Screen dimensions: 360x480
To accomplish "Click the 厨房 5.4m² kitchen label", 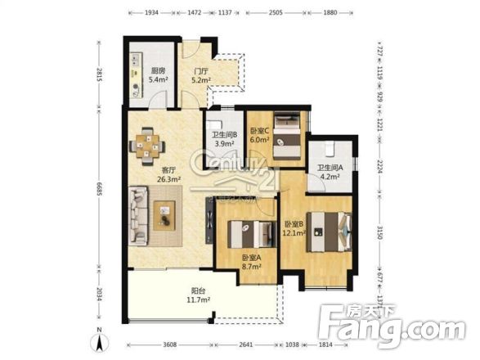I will point(159,75).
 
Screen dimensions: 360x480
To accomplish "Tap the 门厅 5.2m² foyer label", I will point(200,75).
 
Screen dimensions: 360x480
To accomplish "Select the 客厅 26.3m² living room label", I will point(168,173).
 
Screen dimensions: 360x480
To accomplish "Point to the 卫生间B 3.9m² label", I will point(224,139).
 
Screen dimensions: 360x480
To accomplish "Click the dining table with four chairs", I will point(149,146).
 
